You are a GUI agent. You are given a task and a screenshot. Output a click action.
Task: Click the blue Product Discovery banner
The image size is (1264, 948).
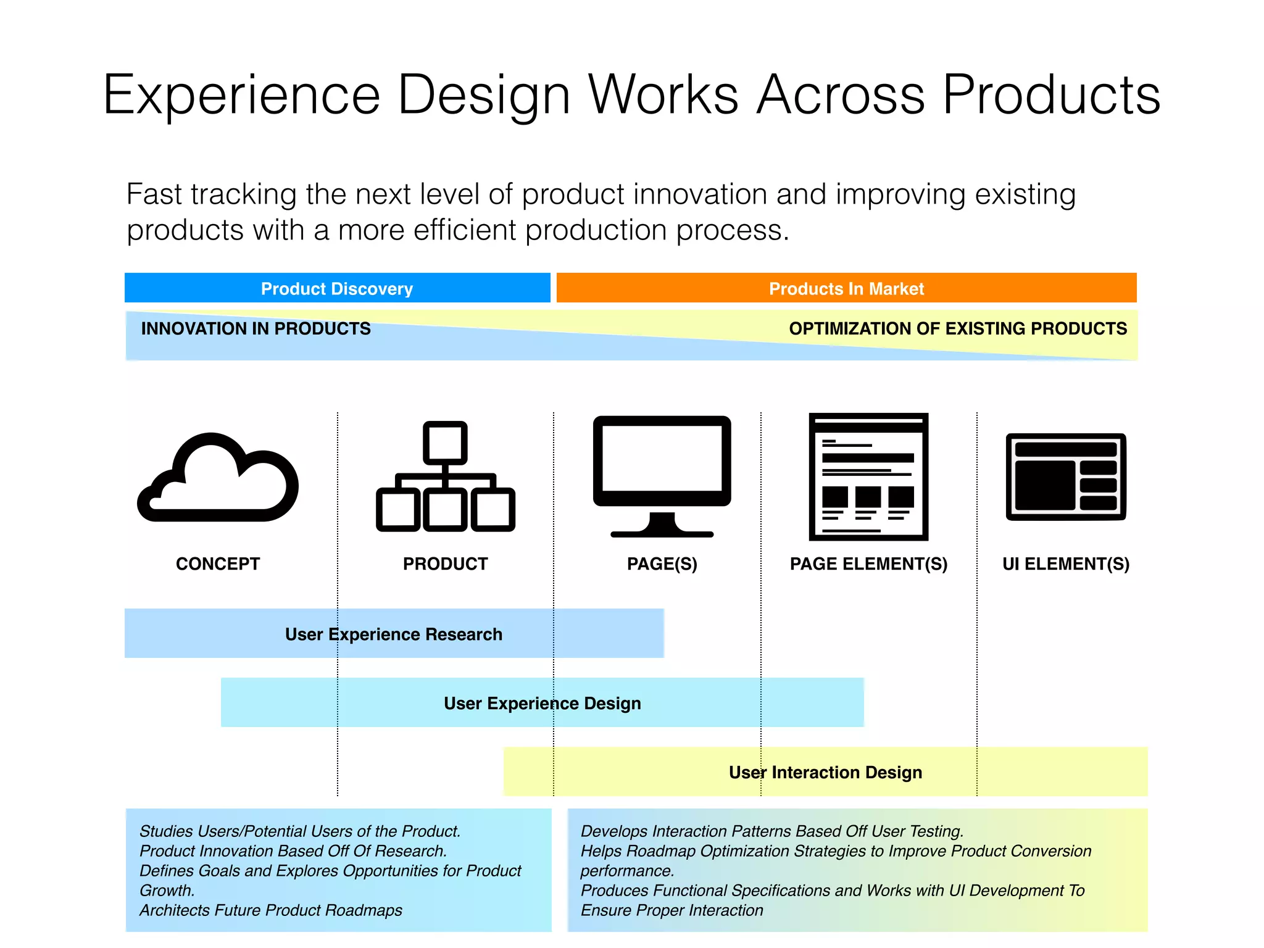pyautogui.click(x=337, y=288)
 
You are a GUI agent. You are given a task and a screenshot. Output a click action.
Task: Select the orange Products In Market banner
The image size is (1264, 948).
pyautogui.click(x=846, y=288)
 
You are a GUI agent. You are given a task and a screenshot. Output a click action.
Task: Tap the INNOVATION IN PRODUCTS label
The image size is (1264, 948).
pyautogui.click(x=256, y=328)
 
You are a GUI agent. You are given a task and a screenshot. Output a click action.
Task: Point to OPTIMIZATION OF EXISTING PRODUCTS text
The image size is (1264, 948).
pyautogui.click(x=958, y=328)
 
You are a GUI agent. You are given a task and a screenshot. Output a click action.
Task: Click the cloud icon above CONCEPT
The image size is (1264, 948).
pyautogui.click(x=217, y=478)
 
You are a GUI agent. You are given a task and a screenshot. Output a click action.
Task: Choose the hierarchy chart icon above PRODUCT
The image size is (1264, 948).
pyautogui.click(x=445, y=476)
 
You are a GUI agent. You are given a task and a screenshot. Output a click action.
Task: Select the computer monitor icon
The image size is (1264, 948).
pyautogui.click(x=662, y=475)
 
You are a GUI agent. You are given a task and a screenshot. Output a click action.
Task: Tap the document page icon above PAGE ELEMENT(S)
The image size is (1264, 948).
pyautogui.click(x=868, y=476)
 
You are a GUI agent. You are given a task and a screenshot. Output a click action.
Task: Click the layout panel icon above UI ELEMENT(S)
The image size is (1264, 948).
pyautogui.click(x=1066, y=476)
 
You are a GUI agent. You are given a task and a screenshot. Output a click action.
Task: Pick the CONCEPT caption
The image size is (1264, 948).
pyautogui.click(x=218, y=563)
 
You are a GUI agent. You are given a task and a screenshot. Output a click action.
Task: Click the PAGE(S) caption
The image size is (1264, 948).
pyautogui.click(x=662, y=563)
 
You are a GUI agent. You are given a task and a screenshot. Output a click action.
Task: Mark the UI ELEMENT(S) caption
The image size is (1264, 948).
pyautogui.click(x=1066, y=563)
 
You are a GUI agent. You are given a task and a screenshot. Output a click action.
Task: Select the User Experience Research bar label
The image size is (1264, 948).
pyautogui.click(x=394, y=634)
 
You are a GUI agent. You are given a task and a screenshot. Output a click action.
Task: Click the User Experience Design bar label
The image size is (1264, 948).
pyautogui.click(x=542, y=703)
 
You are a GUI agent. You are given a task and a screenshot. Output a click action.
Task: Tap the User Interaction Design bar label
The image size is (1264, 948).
pyautogui.click(x=825, y=772)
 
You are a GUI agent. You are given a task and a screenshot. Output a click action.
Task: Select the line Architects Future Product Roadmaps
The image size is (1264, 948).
pyautogui.click(x=270, y=910)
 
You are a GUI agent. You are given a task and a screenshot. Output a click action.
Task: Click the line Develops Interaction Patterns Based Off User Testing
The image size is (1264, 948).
pyautogui.click(x=771, y=831)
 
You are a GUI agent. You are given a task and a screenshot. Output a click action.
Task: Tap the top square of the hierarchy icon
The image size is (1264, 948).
pyautogui.click(x=445, y=443)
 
